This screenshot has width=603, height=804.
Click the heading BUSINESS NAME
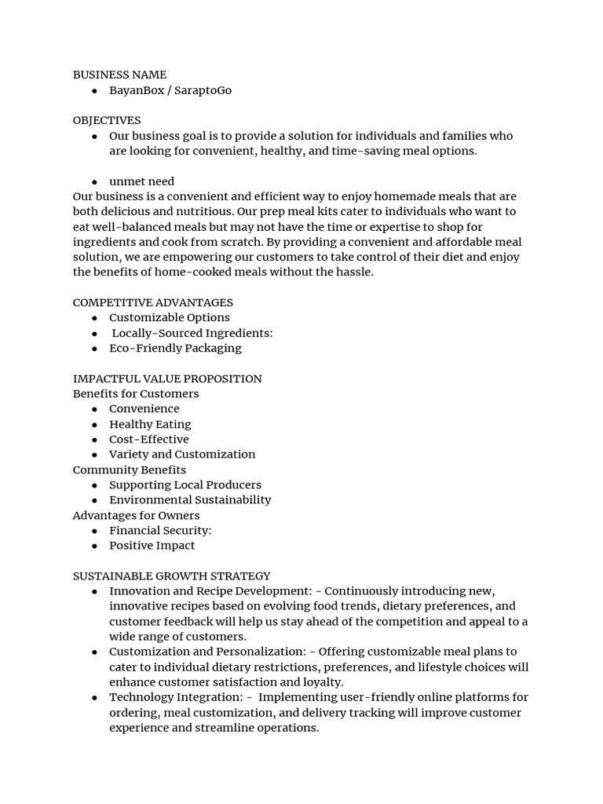[119, 75]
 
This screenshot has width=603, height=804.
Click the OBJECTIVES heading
[107, 120]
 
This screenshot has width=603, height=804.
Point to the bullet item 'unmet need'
[141, 181]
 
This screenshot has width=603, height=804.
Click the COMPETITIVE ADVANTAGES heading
[152, 302]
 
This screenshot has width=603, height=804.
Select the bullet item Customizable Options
[169, 317]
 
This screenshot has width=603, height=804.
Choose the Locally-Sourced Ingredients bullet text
[192, 333]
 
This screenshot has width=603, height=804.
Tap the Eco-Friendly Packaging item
[175, 348]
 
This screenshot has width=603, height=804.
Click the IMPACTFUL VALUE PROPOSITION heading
[167, 378]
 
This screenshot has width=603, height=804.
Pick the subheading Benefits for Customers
[136, 393]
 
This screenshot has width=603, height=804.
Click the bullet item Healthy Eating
[150, 424]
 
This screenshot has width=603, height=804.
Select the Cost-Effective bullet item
[148, 439]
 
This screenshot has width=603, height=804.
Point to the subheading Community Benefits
[130, 470]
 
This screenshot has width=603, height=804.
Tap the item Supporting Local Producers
[185, 484]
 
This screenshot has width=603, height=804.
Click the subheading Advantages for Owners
[136, 515]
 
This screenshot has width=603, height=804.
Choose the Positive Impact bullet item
[152, 545]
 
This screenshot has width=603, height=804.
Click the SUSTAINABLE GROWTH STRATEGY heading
[171, 576]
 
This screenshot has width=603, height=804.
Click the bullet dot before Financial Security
[94, 531]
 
